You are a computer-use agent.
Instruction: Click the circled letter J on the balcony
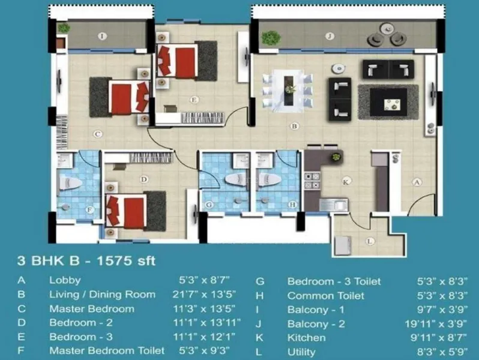(x=330, y=37)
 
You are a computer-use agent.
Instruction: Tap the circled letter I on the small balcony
(x=102, y=37)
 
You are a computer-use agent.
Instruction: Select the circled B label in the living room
(x=294, y=126)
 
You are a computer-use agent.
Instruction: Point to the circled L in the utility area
(x=370, y=241)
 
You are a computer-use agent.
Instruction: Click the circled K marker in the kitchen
(x=346, y=182)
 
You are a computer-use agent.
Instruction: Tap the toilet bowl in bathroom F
(x=70, y=183)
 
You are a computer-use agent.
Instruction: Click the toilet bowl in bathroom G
(x=235, y=179)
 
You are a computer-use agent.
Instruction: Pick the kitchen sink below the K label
(x=334, y=204)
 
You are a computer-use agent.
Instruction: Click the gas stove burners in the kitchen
(x=312, y=181)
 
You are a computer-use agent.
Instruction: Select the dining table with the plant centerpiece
(x=288, y=91)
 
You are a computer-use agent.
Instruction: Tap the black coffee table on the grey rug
(x=388, y=102)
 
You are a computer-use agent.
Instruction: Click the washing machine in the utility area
(x=343, y=246)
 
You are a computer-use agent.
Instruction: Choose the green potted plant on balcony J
(x=271, y=38)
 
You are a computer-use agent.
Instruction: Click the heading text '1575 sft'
(x=126, y=261)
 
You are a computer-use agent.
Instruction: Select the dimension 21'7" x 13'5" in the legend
(x=204, y=295)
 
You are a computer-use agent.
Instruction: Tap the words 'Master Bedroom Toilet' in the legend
(x=107, y=350)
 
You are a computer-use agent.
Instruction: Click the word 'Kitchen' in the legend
(x=306, y=338)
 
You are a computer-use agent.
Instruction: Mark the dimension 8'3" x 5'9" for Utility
(x=442, y=352)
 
